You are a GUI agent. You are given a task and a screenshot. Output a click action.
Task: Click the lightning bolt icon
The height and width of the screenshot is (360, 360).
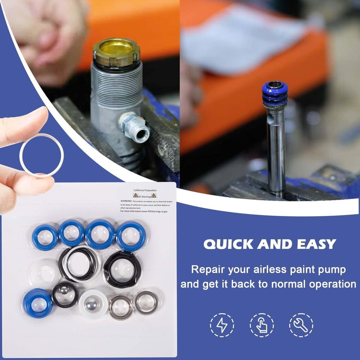222,325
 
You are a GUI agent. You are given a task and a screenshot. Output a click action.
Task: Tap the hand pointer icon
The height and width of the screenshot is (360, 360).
262,325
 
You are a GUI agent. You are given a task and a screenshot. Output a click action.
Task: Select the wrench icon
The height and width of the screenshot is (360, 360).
301,325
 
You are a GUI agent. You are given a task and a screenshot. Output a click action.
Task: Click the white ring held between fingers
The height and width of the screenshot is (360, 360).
42,155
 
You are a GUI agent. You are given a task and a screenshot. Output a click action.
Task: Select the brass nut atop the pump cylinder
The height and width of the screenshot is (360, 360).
116,51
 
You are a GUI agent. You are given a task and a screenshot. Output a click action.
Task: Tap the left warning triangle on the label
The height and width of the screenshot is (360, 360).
136,196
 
